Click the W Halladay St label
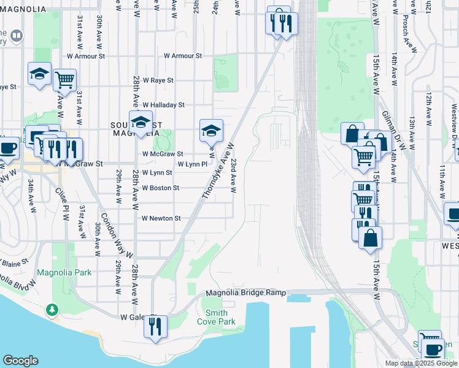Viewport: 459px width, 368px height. (x=163, y=105)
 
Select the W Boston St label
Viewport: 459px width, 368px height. (x=160, y=188)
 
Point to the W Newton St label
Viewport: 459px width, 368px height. (x=161, y=218)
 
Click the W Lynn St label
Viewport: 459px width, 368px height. (x=156, y=174)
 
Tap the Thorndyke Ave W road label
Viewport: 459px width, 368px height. (x=218, y=171)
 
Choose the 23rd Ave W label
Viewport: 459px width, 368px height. (x=234, y=175)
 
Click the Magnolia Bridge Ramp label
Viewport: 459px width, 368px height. (x=245, y=293)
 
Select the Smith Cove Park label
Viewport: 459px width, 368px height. (x=216, y=317)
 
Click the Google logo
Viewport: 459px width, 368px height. (x=20, y=361)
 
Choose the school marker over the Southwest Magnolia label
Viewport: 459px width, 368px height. (x=141, y=122)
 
